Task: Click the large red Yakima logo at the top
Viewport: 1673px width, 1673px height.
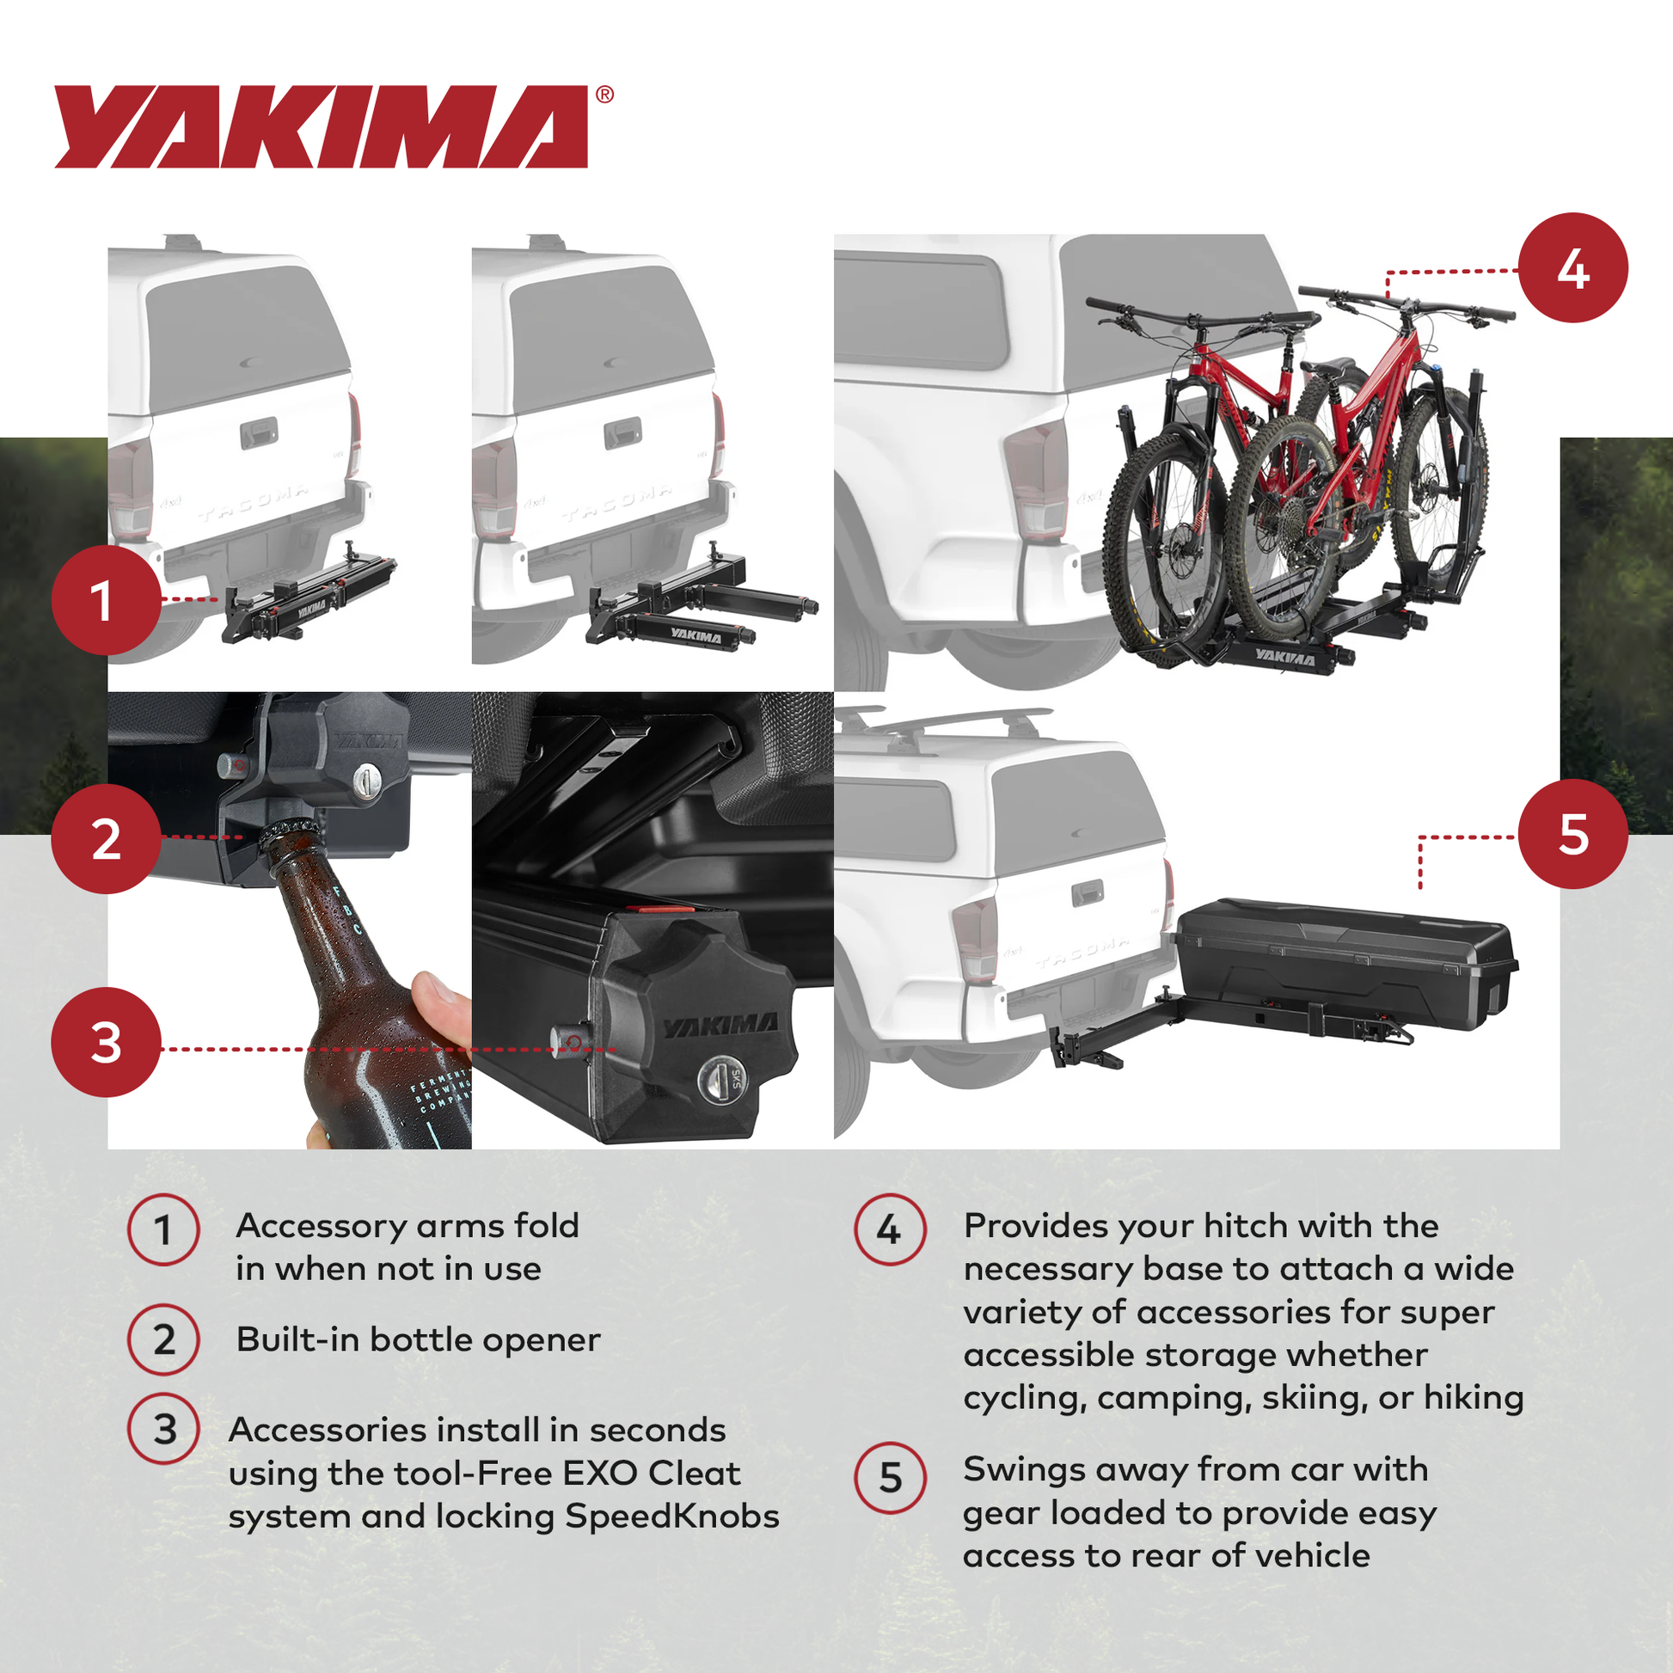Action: point(321,126)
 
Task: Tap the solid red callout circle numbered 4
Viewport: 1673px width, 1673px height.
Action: point(1572,267)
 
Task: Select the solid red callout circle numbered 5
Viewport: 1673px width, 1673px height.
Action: point(1572,834)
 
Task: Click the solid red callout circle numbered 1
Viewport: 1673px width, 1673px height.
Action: point(106,599)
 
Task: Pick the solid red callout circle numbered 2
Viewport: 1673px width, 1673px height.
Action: point(106,838)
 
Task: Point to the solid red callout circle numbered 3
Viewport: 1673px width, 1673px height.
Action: point(106,1042)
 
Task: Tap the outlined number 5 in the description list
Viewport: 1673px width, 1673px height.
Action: point(890,1477)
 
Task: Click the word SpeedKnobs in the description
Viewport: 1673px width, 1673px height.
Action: point(672,1517)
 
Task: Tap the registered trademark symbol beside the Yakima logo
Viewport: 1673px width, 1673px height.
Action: point(604,95)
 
